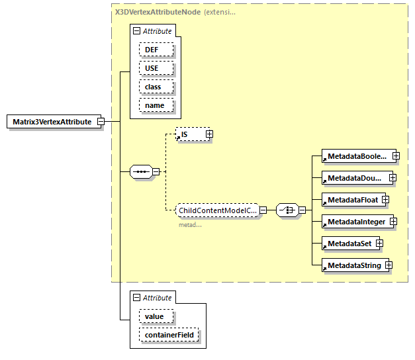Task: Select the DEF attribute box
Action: point(156,50)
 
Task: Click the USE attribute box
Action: point(156,68)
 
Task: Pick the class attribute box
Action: point(156,87)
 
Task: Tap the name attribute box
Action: point(156,105)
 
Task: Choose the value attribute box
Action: point(154,316)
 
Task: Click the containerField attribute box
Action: point(168,336)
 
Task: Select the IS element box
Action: point(189,134)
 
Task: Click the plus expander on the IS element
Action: point(209,134)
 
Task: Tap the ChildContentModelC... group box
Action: point(216,210)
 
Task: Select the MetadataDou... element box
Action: point(354,178)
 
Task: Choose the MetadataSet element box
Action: point(348,244)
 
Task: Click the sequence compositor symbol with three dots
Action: point(141,171)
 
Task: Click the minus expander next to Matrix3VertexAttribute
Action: point(101,122)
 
